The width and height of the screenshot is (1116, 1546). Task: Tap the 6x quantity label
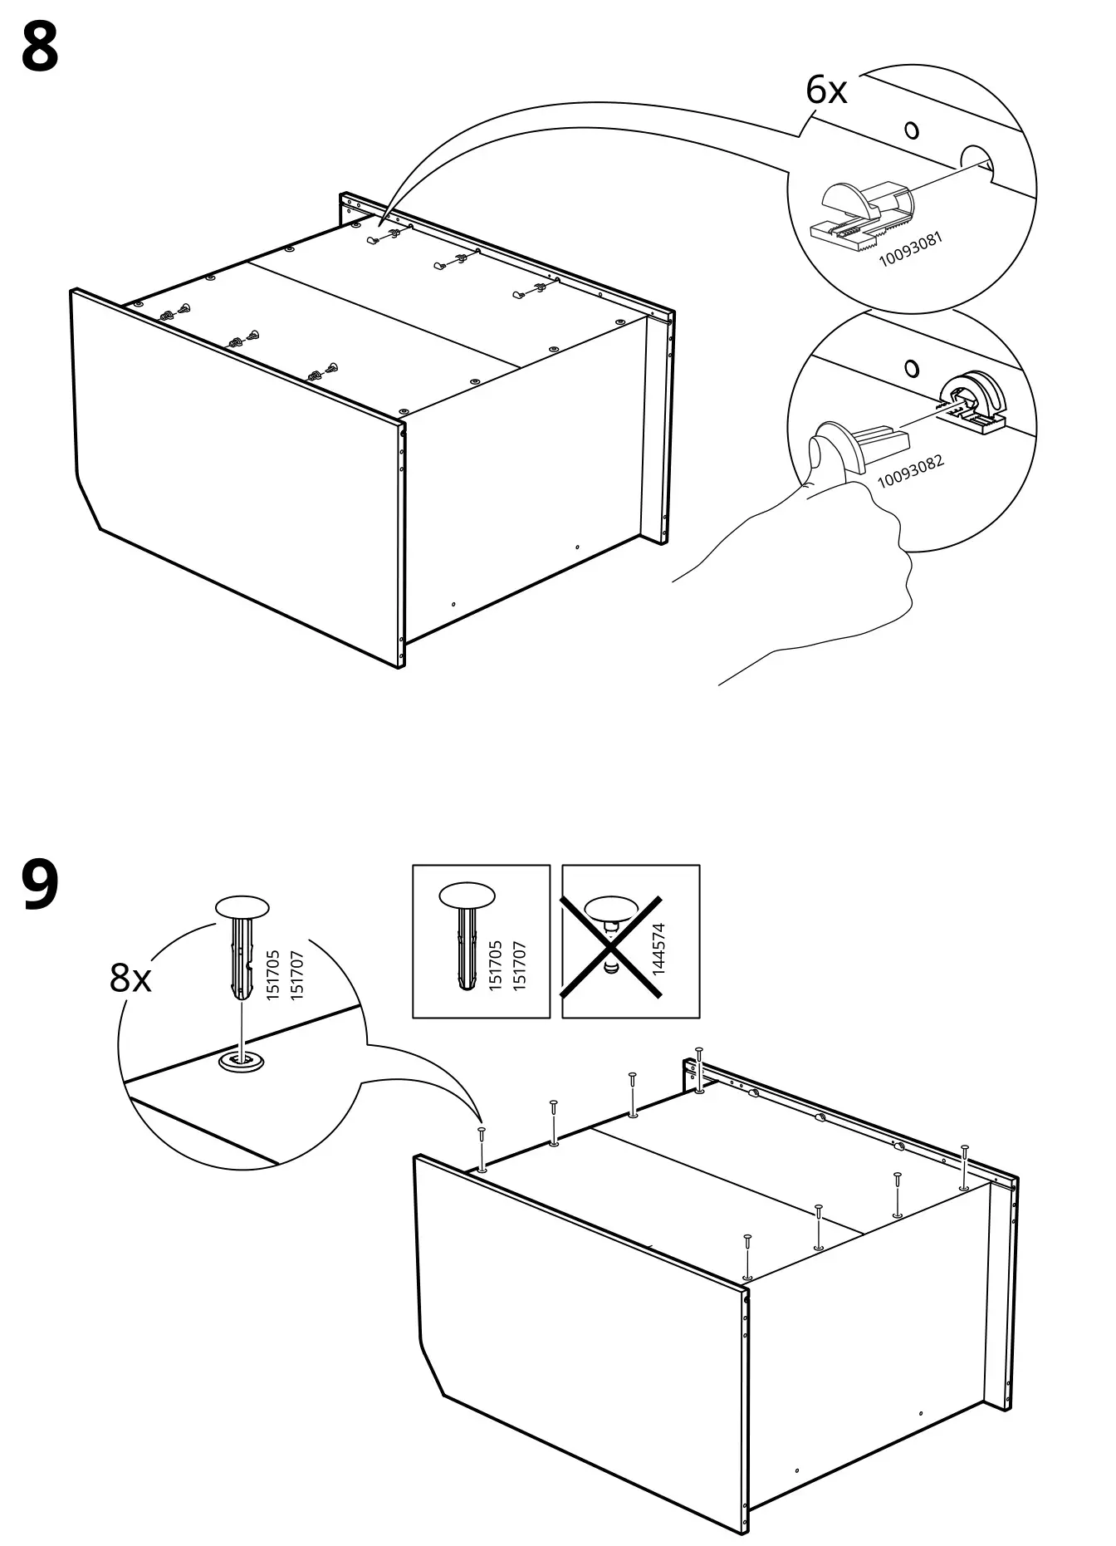click(826, 90)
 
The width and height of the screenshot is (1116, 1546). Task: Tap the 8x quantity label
click(130, 979)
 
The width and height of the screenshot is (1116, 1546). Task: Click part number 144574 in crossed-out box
click(658, 948)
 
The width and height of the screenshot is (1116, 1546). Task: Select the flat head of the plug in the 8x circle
click(242, 906)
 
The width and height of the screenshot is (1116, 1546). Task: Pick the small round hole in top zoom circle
click(912, 130)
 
